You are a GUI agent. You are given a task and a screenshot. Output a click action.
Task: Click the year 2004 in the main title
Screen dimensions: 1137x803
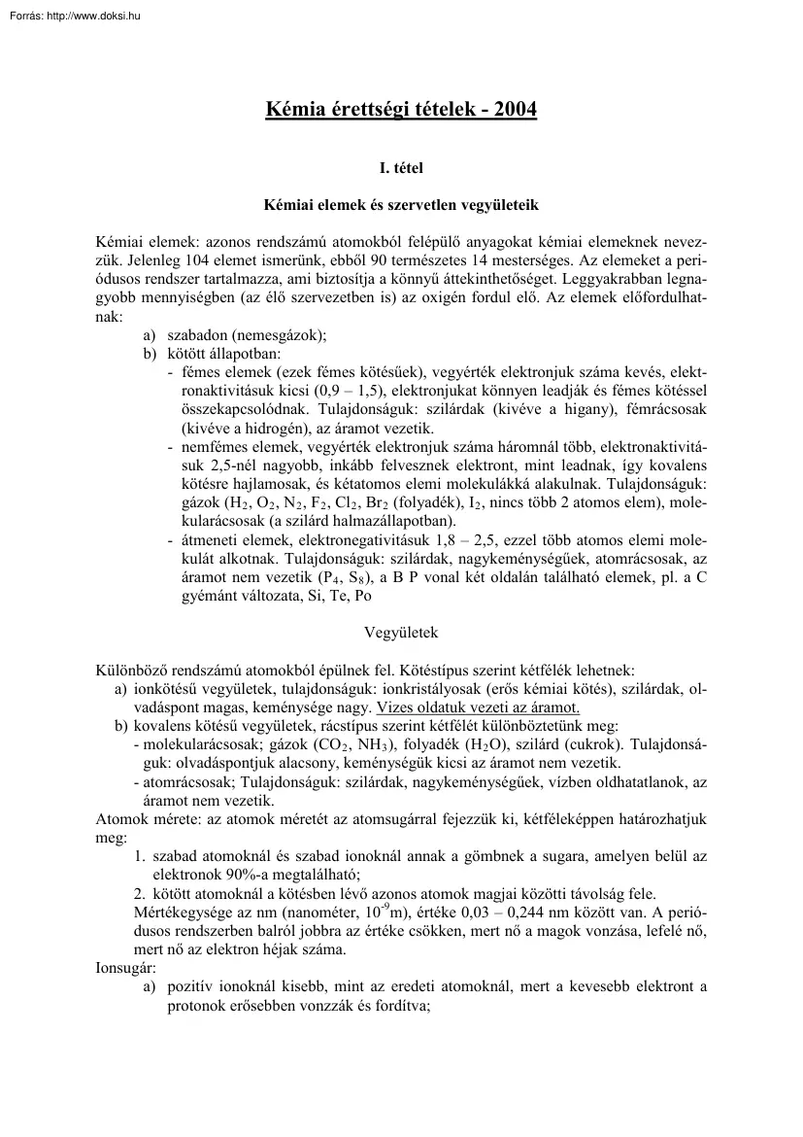click(x=515, y=110)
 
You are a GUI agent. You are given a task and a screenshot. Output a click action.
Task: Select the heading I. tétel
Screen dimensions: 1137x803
click(x=401, y=168)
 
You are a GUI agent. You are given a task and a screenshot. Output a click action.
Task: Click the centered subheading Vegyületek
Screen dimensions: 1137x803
click(x=401, y=633)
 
